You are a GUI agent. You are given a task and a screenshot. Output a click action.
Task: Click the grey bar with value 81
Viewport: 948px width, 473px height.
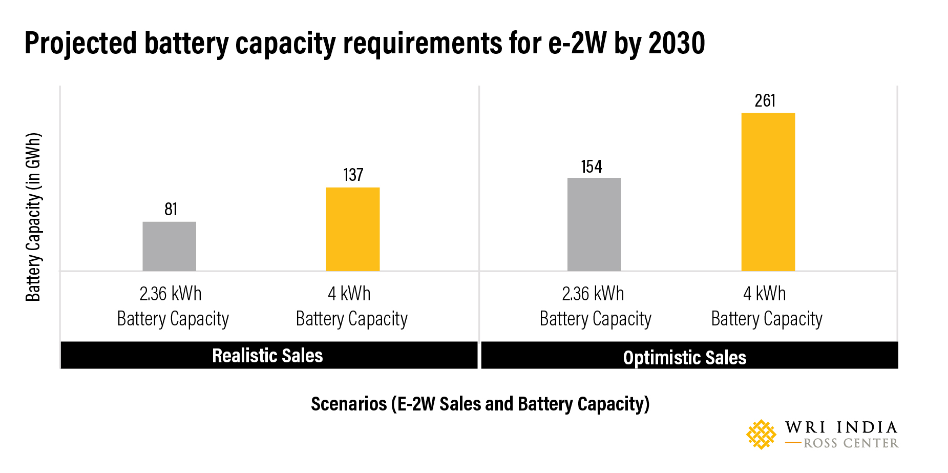pyautogui.click(x=169, y=246)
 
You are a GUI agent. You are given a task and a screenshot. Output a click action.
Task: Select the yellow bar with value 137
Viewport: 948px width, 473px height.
pyautogui.click(x=353, y=229)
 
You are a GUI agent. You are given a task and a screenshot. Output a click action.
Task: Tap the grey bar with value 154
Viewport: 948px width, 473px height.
pyautogui.click(x=594, y=224)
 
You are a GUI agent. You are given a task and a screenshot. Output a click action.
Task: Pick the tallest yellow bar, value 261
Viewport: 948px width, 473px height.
pyautogui.click(x=768, y=192)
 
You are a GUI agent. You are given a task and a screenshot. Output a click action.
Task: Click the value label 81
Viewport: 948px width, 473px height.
pyautogui.click(x=171, y=209)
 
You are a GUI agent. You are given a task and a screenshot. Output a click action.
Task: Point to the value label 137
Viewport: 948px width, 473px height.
pyautogui.click(x=353, y=175)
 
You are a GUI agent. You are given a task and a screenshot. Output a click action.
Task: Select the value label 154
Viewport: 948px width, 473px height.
pyautogui.click(x=592, y=167)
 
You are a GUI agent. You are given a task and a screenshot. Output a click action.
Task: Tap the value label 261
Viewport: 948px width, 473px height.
pyautogui.click(x=765, y=100)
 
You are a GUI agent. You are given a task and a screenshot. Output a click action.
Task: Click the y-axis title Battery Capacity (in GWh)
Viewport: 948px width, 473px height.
pyautogui.click(x=33, y=217)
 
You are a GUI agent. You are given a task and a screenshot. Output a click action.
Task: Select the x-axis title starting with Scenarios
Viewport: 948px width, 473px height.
pyautogui.click(x=480, y=404)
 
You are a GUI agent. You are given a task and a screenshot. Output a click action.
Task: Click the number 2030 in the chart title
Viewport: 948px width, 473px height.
pyautogui.click(x=677, y=43)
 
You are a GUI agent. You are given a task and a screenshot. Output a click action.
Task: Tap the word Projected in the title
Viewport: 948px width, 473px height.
pyautogui.click(x=80, y=43)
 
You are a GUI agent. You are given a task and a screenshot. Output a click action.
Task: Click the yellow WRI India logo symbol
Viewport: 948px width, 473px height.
pyautogui.click(x=761, y=435)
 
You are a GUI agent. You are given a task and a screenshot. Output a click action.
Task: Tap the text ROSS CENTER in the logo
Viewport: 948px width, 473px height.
pyautogui.click(x=851, y=443)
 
